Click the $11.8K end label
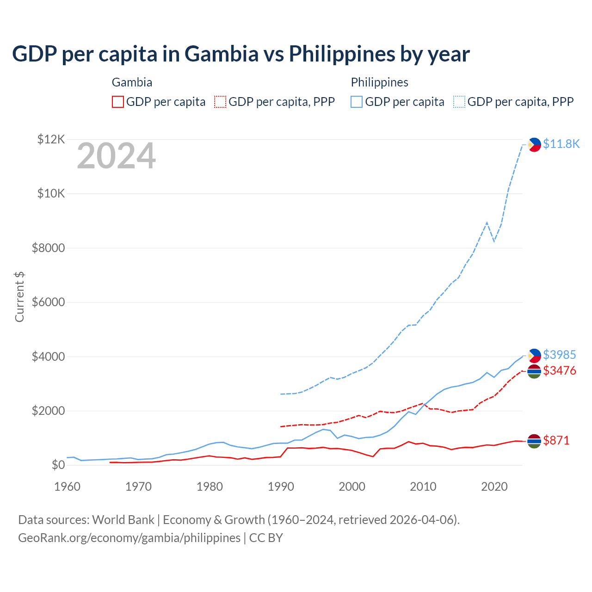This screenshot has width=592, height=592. coord(561,144)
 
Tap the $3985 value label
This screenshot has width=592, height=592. coord(559,355)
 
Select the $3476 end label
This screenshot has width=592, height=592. coord(559,370)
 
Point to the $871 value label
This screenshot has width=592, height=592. coord(556,440)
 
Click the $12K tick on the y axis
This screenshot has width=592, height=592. coord(51,139)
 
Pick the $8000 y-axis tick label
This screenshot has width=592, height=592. coord(48,248)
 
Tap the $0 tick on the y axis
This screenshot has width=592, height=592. coord(58,465)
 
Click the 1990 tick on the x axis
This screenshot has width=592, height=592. coord(281,487)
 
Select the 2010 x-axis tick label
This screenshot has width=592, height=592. coord(423,487)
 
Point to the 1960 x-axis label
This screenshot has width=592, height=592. coord(68,487)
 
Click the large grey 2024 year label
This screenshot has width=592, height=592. coord(116,156)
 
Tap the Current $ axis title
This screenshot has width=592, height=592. coord(19,296)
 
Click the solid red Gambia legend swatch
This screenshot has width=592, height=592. coord(118,102)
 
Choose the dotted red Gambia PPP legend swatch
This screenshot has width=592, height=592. coord(220,102)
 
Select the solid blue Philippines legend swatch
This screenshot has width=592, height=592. coord(357,102)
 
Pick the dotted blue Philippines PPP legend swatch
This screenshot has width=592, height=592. coord(459,102)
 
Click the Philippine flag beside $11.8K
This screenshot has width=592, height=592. coord(534,145)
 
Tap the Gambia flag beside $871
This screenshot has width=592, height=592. coord(534,441)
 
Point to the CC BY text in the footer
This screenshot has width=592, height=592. coord(266,538)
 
